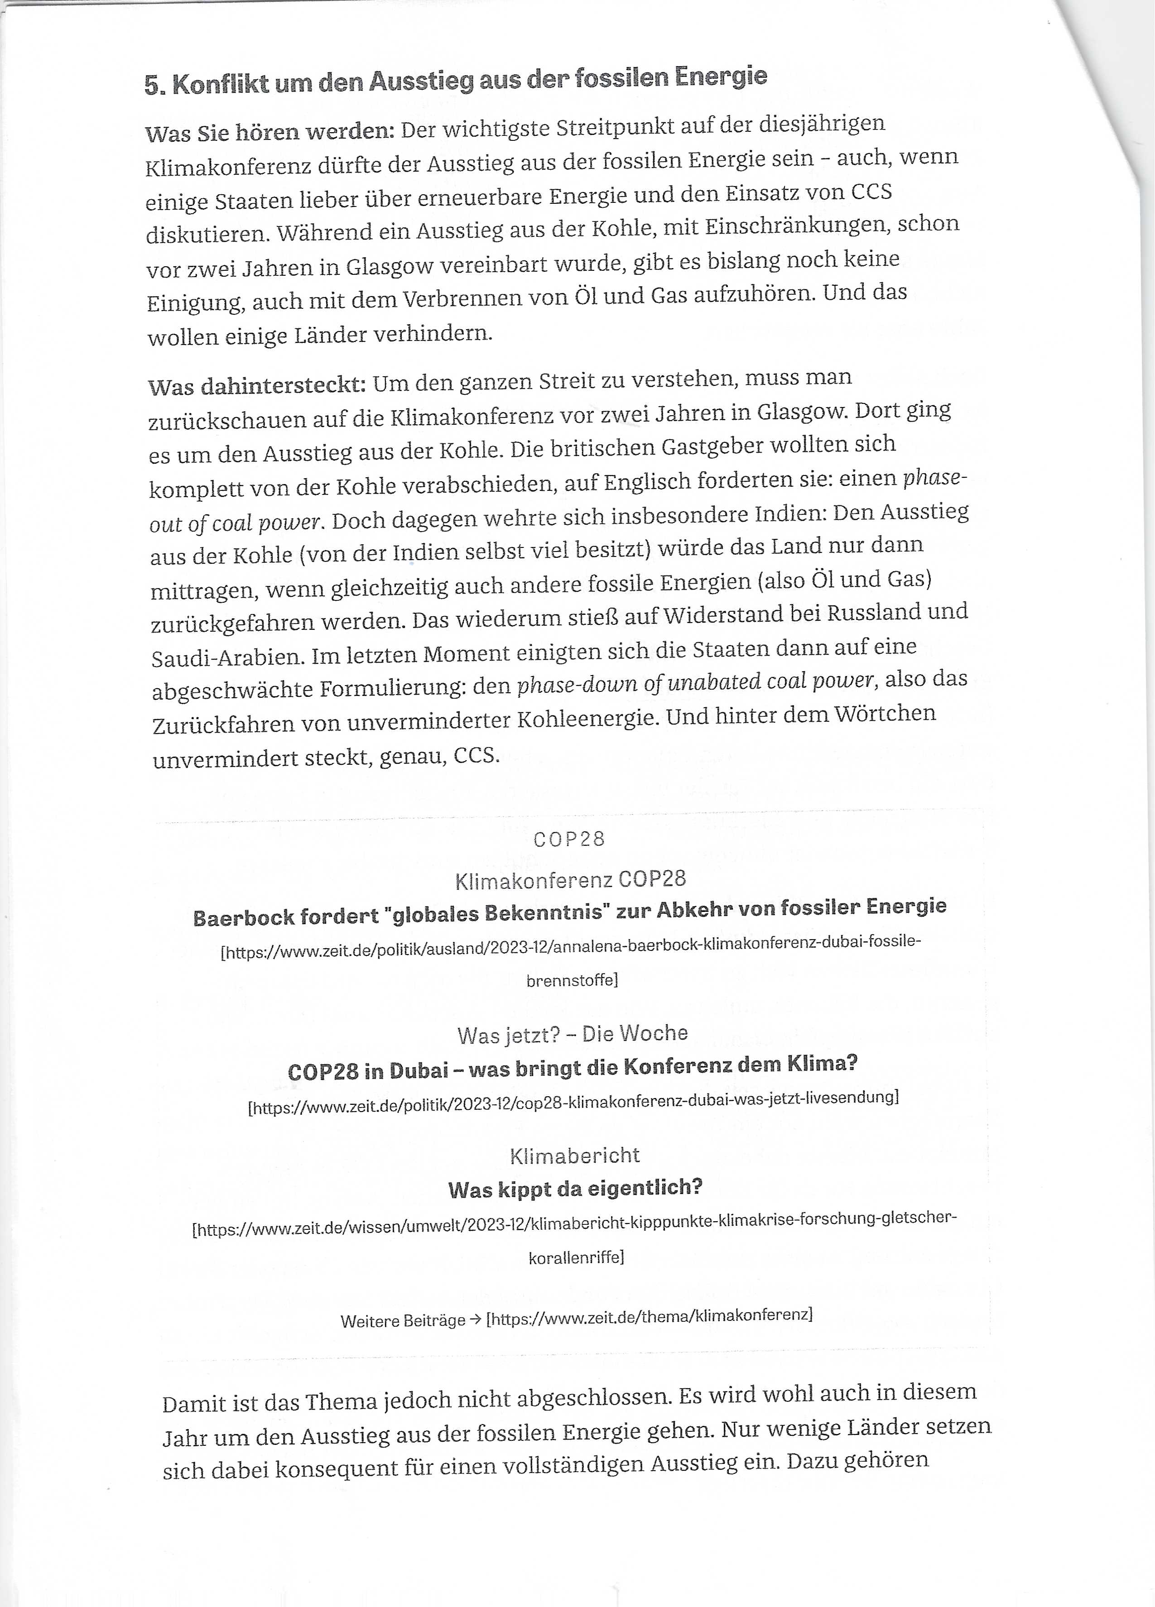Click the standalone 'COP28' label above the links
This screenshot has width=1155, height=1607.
[x=569, y=839]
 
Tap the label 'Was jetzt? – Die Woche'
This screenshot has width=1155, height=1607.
[x=573, y=1035]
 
